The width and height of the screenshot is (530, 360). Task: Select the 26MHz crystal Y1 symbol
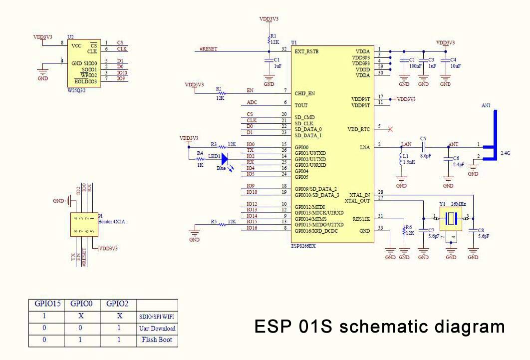click(x=451, y=218)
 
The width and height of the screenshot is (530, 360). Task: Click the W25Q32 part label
click(x=77, y=90)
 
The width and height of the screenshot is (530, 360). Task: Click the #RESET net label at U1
click(x=209, y=49)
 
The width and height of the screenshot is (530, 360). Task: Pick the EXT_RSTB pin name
click(x=307, y=51)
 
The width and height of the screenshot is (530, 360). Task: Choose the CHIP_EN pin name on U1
click(x=305, y=93)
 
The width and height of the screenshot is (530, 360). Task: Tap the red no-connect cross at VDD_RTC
click(x=390, y=129)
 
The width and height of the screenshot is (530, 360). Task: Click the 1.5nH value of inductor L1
click(x=409, y=162)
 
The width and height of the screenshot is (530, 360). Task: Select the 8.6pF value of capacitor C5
click(x=425, y=156)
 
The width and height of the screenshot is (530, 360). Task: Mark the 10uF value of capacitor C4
click(x=455, y=65)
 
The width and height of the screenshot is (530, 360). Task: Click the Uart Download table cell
click(x=157, y=329)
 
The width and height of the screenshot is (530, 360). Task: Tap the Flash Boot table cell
click(x=157, y=341)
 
